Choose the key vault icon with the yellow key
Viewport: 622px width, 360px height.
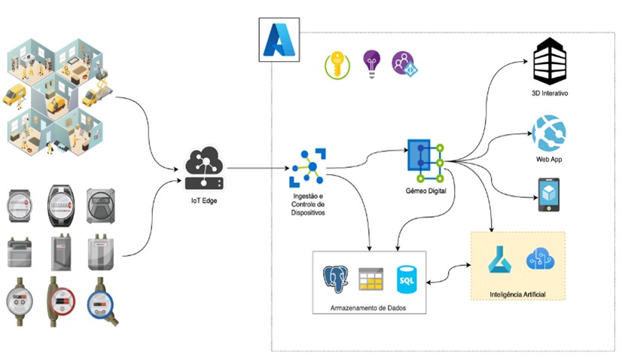click(337, 66)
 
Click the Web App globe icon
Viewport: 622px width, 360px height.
click(550, 133)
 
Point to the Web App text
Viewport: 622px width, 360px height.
click(550, 160)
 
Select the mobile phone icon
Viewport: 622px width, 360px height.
click(549, 194)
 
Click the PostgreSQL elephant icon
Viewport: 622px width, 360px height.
click(337, 279)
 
